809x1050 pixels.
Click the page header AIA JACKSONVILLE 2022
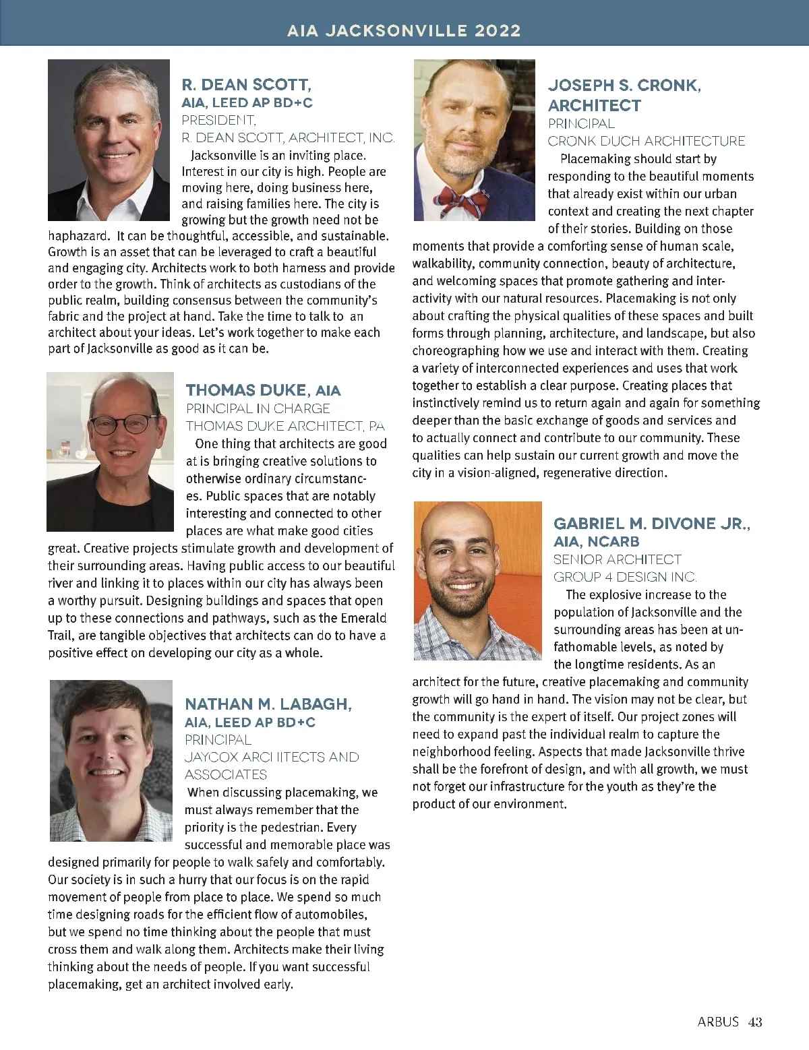(404, 30)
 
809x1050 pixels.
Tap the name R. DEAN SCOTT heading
(246, 85)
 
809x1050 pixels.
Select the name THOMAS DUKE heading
(246, 390)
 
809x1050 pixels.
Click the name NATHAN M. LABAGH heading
(268, 704)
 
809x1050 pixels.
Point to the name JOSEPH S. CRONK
(624, 86)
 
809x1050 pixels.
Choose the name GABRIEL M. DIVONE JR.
(651, 524)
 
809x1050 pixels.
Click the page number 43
(755, 1022)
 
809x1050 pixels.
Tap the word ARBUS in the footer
(718, 1022)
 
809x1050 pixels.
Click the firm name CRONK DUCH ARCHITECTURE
(646, 141)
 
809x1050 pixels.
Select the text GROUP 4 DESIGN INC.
(625, 577)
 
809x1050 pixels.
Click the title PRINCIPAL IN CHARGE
(258, 408)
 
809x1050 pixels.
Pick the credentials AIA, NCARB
(596, 542)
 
